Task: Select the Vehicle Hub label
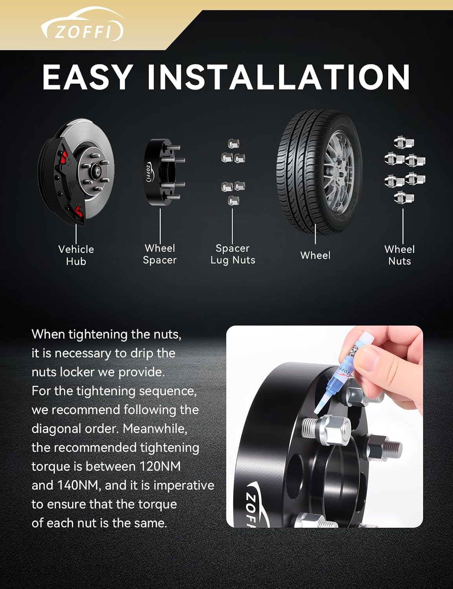(x=76, y=255)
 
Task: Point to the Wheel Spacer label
(x=160, y=254)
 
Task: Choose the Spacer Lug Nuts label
(x=233, y=254)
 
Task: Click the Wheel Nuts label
(x=399, y=255)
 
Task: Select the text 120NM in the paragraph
(x=160, y=466)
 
